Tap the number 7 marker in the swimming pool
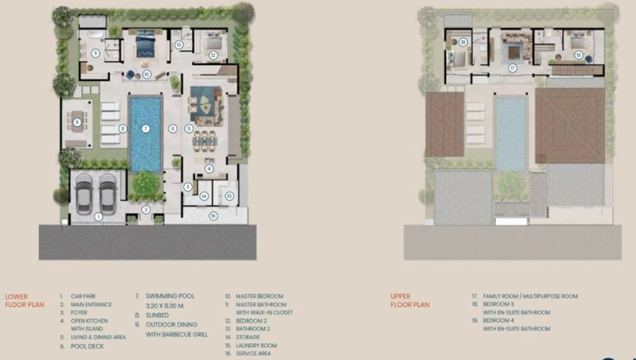tap(145, 129)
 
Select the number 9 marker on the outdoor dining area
tap(77, 122)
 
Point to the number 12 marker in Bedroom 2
tap(213, 55)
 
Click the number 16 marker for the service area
tap(212, 215)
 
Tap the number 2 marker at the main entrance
tap(145, 209)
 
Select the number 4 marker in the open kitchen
tap(209, 168)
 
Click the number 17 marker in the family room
tap(513, 68)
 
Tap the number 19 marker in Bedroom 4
tap(578, 55)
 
